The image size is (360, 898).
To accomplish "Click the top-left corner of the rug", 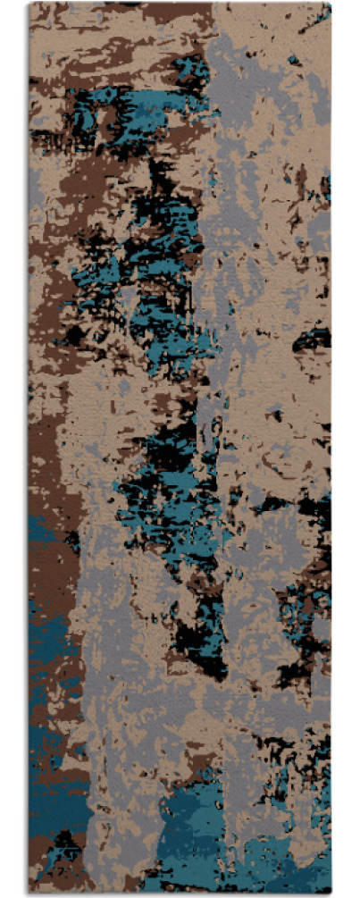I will [29, 3].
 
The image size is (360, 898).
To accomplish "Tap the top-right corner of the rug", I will [331, 3].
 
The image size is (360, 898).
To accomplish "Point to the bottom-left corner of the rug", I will [29, 894].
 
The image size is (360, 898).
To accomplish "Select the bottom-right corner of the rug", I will [331, 894].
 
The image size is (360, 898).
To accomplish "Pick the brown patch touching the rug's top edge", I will [170, 12].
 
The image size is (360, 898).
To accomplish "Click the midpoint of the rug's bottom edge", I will [180, 894].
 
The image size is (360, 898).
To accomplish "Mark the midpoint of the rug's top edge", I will [180, 3].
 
